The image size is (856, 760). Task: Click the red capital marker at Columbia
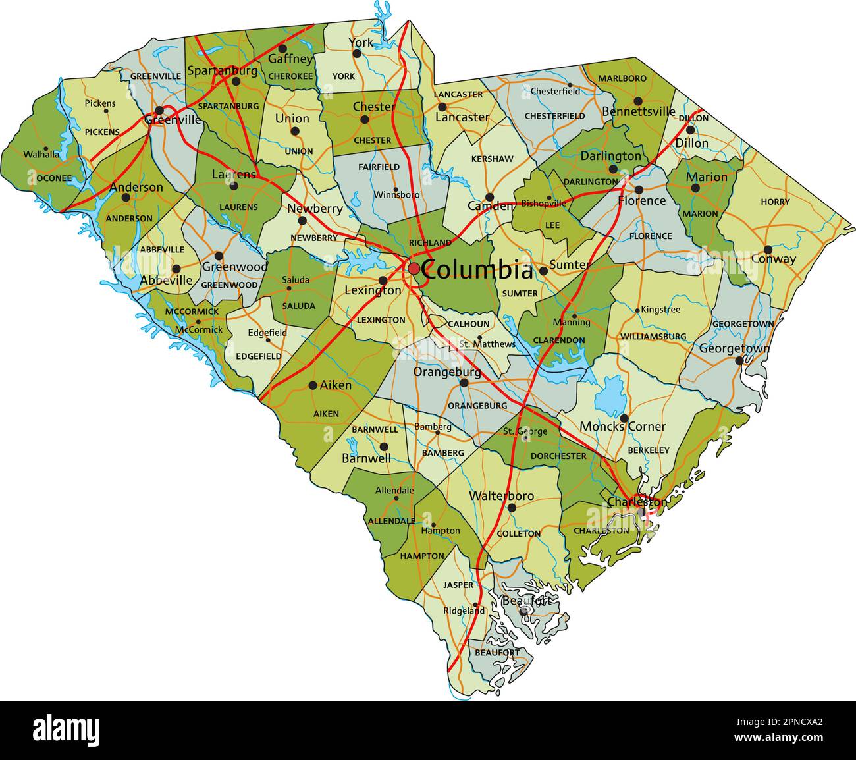point(414,269)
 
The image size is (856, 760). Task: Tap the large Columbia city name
point(477,270)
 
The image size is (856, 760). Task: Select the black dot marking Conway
point(768,250)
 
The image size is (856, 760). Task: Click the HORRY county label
point(775,202)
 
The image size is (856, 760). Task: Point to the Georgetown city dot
point(739,360)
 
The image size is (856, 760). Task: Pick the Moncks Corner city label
point(622,427)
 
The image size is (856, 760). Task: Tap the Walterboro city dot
point(512,508)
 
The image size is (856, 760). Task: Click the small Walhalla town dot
point(45,149)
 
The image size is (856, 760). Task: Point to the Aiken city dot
point(313,385)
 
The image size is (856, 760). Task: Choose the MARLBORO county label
point(622,78)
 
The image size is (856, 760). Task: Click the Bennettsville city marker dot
point(637,101)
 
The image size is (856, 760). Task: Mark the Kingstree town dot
point(637,310)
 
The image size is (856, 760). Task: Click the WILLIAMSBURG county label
point(653,337)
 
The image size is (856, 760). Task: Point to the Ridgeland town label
point(464,611)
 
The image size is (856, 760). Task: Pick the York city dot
point(357,53)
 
